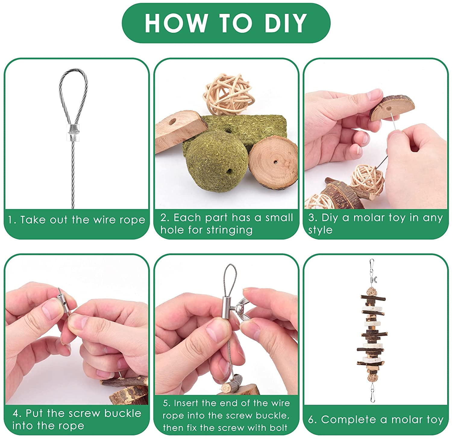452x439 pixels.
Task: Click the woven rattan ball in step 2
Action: pyautogui.click(x=227, y=95)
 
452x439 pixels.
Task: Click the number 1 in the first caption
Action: pyautogui.click(x=11, y=220)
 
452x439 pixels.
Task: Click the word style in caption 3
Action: pyautogui.click(x=320, y=230)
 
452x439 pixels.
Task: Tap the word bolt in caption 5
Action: pyautogui.click(x=278, y=427)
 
